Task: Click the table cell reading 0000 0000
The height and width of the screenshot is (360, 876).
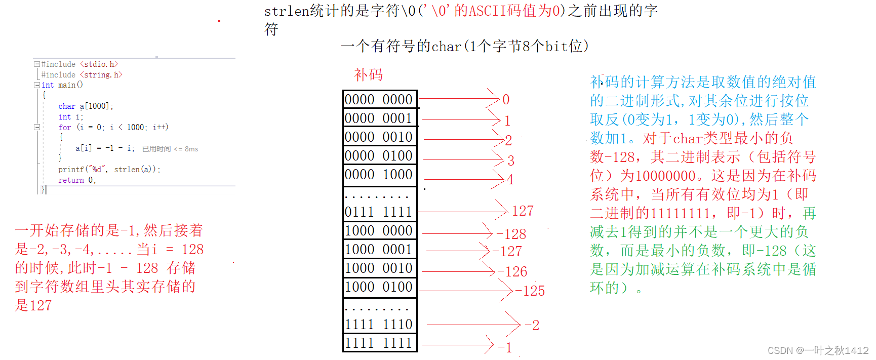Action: coord(379,99)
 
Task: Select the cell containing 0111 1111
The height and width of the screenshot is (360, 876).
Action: coord(379,212)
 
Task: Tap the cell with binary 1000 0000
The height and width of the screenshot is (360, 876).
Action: coord(379,231)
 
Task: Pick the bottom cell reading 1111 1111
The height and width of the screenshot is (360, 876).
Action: coord(379,343)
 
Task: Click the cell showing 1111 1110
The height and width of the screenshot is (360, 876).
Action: coord(379,324)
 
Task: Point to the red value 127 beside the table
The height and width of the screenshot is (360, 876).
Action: coord(523,211)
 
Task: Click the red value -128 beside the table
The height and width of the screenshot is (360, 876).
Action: coord(511,234)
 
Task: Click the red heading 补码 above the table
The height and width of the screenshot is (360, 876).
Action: coord(368,75)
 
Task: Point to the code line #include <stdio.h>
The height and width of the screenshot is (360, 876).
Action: coord(79,64)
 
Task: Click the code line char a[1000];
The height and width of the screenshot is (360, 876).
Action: coord(86,106)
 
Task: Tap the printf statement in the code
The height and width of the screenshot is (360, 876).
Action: coord(109,170)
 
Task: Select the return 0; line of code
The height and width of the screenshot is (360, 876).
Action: coord(77,180)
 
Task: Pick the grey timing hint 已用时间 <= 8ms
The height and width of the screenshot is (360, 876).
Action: coord(170,149)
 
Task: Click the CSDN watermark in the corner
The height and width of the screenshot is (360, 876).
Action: coord(818,350)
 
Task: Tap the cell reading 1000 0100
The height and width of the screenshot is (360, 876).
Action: coord(379,287)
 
